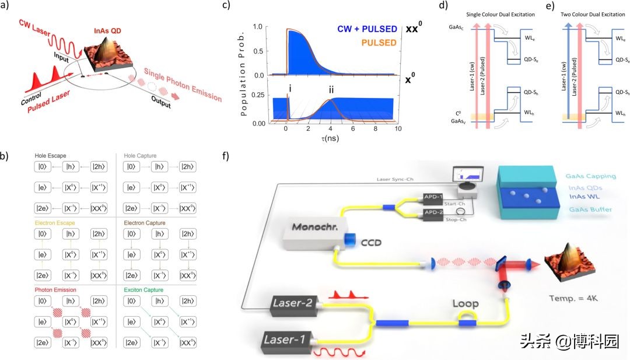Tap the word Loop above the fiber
tap(465, 303)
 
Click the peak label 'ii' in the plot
tap(331, 90)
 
